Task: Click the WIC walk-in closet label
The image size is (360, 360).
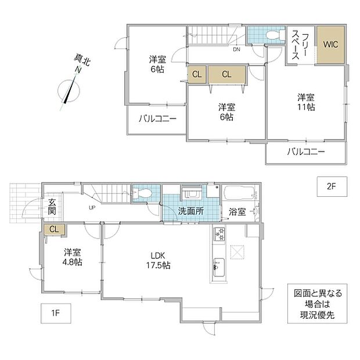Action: click(330, 44)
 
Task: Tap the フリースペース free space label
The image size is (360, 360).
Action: click(300, 46)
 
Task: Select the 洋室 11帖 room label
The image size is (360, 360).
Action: click(306, 102)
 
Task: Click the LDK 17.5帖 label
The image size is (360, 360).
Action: click(158, 260)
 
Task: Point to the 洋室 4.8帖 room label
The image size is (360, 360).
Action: click(73, 257)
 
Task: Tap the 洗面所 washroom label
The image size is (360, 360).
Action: click(191, 211)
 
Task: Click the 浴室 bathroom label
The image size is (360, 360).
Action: click(237, 212)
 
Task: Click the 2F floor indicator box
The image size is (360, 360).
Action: click(332, 186)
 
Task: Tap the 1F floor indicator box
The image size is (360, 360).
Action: click(56, 314)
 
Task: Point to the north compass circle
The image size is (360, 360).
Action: click(69, 91)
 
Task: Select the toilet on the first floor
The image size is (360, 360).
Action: click(142, 193)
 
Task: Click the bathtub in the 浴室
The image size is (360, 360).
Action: click(239, 193)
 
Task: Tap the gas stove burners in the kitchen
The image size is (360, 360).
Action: click(219, 234)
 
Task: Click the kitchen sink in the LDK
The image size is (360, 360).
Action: click(219, 268)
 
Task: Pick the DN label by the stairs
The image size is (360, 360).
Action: click(236, 49)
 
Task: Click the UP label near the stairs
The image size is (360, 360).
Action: click(92, 207)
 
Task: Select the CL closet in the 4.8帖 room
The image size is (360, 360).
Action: click(55, 229)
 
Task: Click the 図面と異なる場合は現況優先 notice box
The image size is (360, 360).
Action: click(317, 304)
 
